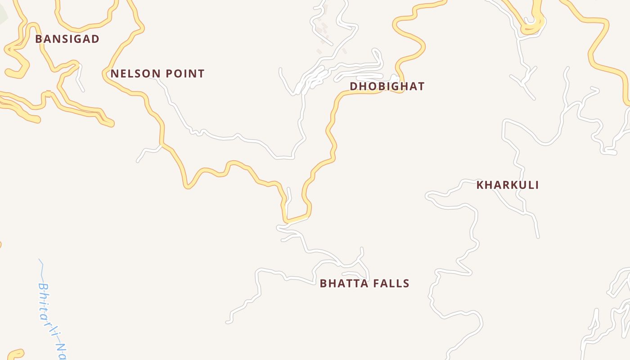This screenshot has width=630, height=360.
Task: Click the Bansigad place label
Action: coord(67,39)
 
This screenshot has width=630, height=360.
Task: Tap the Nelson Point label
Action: coord(157,74)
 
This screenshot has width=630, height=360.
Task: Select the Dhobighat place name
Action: coord(387,86)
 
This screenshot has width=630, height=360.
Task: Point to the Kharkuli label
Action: coord(508,185)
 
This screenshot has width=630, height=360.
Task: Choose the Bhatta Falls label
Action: coord(364,283)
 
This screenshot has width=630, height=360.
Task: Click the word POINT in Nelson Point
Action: coord(184,74)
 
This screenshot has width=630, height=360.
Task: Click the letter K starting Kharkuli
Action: coord(480,185)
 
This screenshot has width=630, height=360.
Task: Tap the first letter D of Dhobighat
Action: coord(354,86)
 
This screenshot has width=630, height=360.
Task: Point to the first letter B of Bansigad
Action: coord(38,39)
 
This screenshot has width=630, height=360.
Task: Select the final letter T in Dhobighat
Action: coord(421,86)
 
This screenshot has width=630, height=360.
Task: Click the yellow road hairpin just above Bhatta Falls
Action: coord(295,220)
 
